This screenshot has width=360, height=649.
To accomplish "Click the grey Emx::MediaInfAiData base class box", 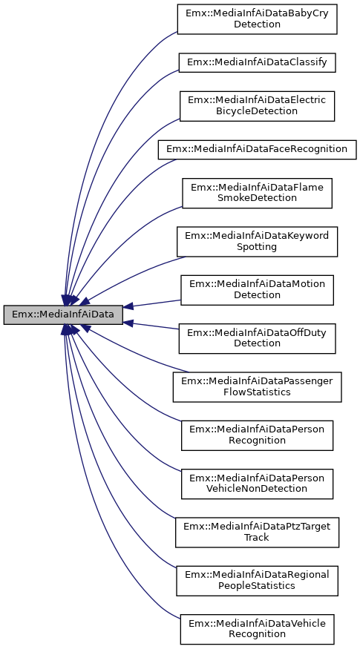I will pos(63,314).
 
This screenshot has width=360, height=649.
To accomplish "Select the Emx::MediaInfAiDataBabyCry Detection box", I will pos(257,19).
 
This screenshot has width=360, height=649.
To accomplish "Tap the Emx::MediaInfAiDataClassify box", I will pos(257,62).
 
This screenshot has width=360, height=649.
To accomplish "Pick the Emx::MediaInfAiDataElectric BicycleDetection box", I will pos(257,105).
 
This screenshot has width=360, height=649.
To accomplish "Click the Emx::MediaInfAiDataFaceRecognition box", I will pos(257,149).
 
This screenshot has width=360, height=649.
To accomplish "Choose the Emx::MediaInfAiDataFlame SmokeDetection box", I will pos(257,193).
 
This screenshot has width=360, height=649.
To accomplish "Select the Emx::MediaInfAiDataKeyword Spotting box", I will pos(257,240).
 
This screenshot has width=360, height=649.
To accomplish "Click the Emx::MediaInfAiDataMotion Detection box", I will pos(257,289).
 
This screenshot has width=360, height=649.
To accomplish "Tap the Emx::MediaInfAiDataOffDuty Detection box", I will pos(257,338).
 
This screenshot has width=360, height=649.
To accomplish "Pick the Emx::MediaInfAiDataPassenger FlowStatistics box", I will pos(257,386).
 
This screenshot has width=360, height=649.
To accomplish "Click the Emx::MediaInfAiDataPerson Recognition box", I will pos(257,435).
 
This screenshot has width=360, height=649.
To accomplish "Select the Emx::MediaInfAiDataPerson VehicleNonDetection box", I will pos(257,484).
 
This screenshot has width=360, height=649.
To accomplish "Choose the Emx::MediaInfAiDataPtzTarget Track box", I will pos(257,532).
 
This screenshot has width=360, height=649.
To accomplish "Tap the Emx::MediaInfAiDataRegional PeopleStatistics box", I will pos(257,580).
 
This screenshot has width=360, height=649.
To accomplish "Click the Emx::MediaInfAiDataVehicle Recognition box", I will pos(257,629).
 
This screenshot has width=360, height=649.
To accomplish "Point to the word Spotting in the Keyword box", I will pos(257,246).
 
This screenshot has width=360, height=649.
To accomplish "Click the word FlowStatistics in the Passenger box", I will pos(257,392).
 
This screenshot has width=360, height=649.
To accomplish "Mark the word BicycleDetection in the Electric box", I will pos(257,111).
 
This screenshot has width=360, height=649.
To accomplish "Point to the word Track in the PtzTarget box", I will pos(257,538).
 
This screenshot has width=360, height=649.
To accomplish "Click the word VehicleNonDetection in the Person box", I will pos(257,490).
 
